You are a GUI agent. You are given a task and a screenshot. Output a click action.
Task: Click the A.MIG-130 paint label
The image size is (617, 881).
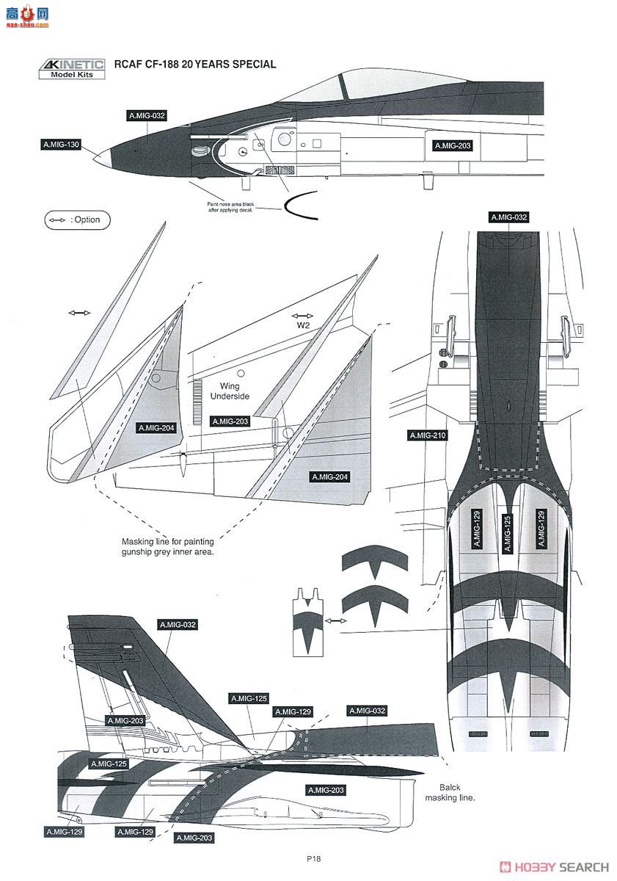(62, 145)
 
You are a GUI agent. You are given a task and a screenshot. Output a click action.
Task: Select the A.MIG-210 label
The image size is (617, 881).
(427, 435)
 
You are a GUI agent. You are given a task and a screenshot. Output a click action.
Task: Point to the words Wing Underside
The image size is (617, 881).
(230, 391)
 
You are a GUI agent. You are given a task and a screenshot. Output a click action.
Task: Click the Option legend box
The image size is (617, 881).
(77, 220)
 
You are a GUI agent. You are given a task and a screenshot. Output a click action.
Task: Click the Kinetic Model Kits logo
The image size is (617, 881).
(71, 68)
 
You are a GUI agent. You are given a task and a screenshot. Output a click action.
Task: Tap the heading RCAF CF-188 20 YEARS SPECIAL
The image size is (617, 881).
(195, 65)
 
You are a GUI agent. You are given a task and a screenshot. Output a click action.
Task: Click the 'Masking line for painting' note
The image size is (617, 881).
(167, 546)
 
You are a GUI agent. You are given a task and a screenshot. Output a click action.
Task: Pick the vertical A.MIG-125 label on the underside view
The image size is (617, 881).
(506, 532)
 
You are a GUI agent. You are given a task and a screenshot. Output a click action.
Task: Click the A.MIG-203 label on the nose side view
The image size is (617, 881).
(452, 145)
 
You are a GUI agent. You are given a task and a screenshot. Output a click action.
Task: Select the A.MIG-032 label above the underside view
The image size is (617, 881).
(508, 217)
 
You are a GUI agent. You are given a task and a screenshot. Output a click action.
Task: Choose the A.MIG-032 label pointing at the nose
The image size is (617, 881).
(147, 116)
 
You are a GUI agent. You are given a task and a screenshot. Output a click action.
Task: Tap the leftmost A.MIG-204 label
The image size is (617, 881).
(156, 427)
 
